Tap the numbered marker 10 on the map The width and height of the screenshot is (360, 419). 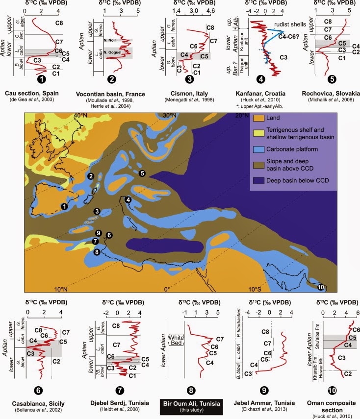[321, 287]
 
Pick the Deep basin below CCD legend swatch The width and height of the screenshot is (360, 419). [257, 180]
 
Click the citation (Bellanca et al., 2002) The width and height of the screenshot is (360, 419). [43, 411]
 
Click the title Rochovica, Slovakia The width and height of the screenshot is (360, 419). [333, 93]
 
